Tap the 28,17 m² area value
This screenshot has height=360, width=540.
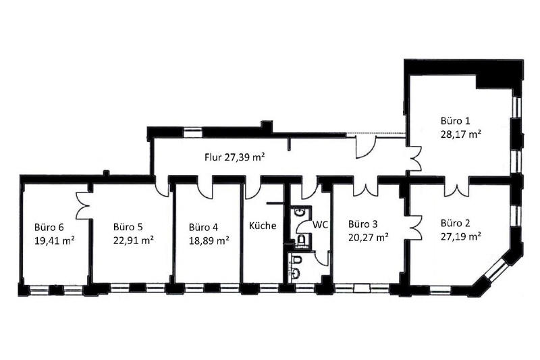point(460,134)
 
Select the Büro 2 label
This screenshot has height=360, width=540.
point(456,222)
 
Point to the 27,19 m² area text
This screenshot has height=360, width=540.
point(460,236)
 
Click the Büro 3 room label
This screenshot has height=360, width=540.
point(362,223)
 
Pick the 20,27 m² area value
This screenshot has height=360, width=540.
point(368,237)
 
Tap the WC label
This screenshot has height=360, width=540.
point(320,225)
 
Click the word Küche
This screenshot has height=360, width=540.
point(263,226)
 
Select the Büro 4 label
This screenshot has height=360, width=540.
point(204,226)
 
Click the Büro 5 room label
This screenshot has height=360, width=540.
point(128,226)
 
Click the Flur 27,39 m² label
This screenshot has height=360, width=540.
point(234,157)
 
